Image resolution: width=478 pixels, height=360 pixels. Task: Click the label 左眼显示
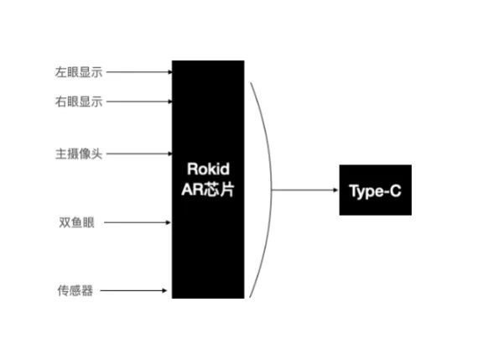tap(79, 72)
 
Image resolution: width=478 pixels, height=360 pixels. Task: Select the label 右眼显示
tap(79, 102)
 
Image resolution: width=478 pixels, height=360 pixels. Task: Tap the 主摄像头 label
tap(79, 154)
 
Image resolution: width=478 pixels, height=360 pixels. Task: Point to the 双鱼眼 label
tap(75, 222)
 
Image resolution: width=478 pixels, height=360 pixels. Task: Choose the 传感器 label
tap(75, 291)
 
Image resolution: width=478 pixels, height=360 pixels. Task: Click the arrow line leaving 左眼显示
tap(138, 72)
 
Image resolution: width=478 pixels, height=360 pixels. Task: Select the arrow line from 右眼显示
tap(138, 102)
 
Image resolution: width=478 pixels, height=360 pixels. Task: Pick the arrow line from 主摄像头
tap(138, 154)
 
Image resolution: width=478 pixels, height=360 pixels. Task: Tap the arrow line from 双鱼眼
tap(138, 223)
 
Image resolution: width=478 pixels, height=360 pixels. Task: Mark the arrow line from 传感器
tap(138, 291)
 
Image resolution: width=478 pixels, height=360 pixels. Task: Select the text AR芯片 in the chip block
tap(208, 190)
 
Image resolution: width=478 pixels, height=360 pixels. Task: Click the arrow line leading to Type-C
tap(302, 190)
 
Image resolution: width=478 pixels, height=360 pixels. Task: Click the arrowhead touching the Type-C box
tap(335, 190)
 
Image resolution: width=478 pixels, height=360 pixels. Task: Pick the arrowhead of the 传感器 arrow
tap(168, 291)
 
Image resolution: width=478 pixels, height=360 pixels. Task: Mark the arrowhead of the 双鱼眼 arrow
tap(168, 223)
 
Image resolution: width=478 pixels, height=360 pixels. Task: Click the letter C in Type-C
tap(395, 191)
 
